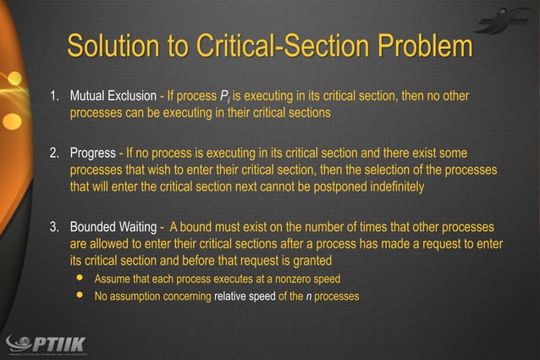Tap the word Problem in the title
(x=418, y=47)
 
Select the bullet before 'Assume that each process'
(x=81, y=279)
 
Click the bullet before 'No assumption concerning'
(x=81, y=296)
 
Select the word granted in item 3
(x=310, y=261)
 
